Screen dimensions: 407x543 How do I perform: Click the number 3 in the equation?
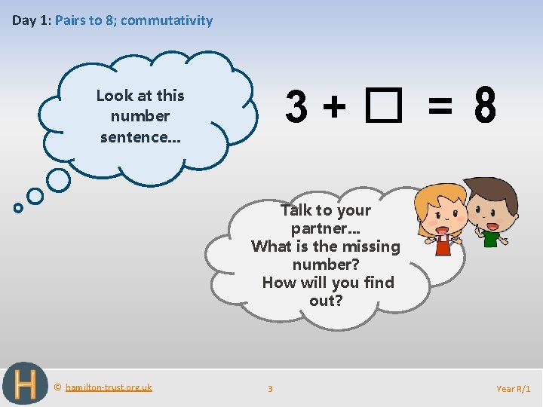296,107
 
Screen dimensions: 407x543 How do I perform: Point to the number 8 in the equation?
486,107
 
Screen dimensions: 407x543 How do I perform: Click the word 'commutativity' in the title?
167,20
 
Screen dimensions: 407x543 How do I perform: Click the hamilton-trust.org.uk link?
109,387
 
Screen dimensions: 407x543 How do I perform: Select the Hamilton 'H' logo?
25,384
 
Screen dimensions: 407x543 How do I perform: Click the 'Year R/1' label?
514,388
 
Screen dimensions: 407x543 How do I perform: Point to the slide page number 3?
271,388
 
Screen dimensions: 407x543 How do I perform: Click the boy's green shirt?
492,239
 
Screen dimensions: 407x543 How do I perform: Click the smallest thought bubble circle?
18,208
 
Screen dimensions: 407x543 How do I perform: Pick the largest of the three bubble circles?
59,180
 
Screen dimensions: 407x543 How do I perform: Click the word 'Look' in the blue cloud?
114,96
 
